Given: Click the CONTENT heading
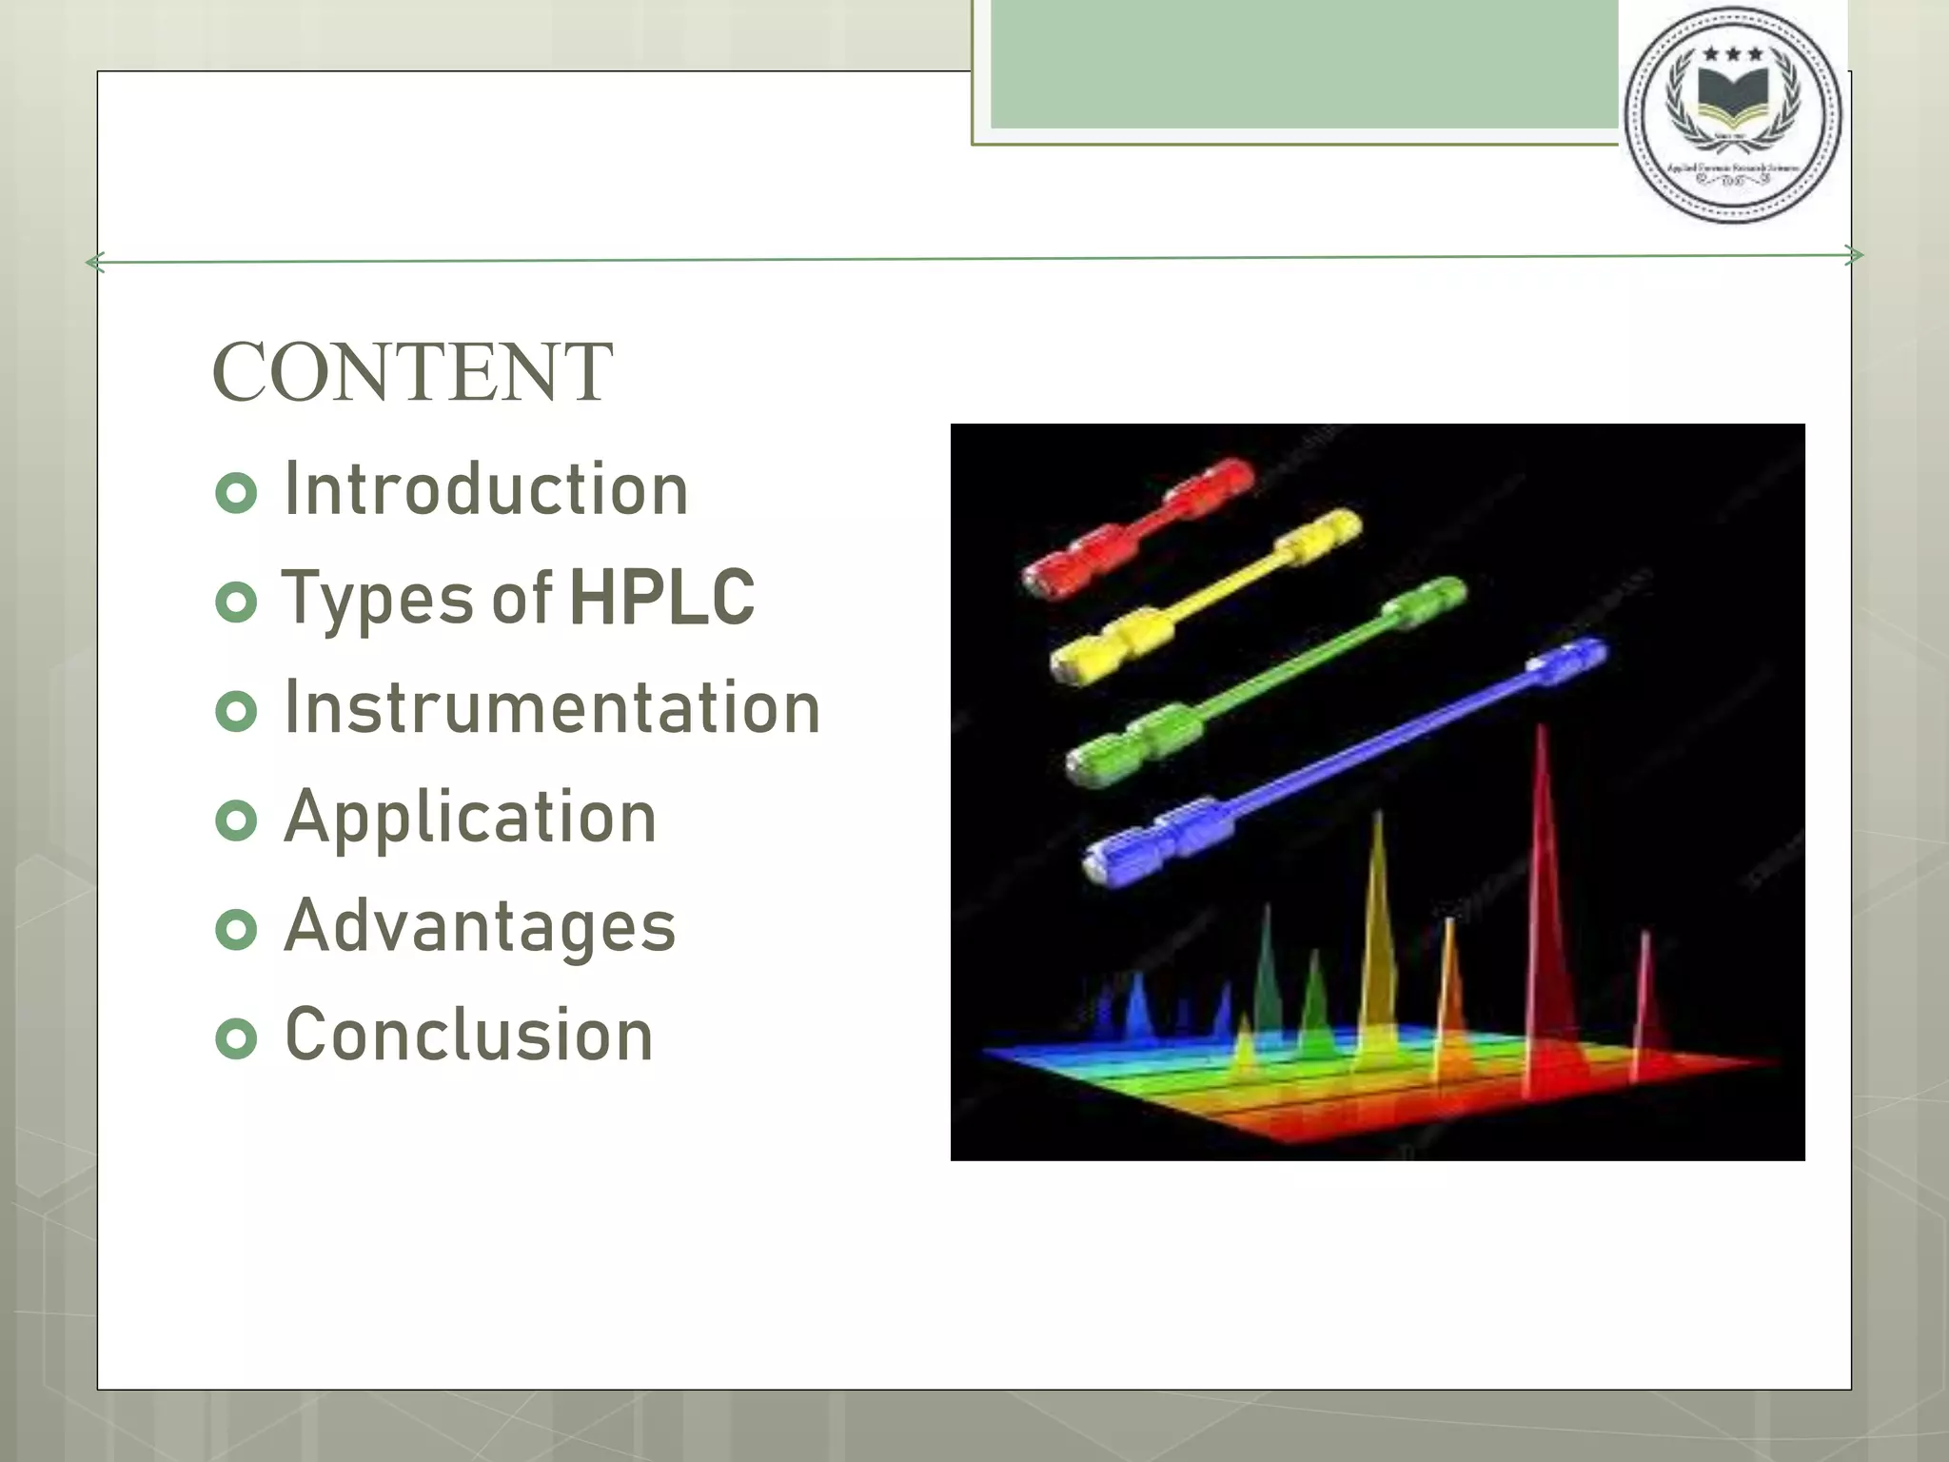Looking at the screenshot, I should [412, 372].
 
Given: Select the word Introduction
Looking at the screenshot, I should [485, 489].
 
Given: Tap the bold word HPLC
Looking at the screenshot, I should [661, 599].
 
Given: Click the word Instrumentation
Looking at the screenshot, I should [552, 708].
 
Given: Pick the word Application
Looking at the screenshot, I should [470, 818].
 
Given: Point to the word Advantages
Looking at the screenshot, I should [480, 926].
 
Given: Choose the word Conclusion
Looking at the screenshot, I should [469, 1036].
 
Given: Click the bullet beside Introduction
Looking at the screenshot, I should [236, 493].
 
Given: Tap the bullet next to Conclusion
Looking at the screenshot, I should [236, 1038].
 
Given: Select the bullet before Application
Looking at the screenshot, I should [236, 820].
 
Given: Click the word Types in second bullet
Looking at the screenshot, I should [378, 599].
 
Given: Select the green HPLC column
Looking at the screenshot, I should [1266, 680].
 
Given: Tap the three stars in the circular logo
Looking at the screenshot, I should [1732, 54].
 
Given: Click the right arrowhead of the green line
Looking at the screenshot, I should [1853, 255].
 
